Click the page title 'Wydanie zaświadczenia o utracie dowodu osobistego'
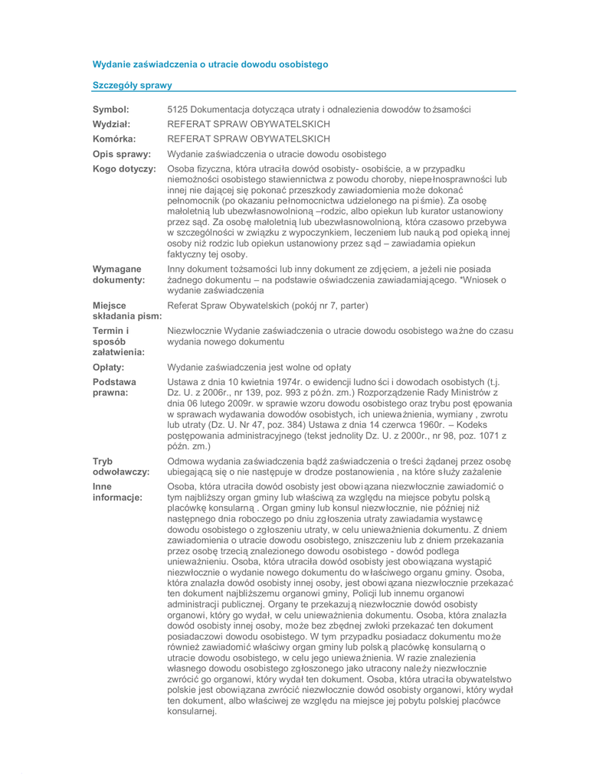(210, 64)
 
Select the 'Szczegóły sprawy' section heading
(132, 84)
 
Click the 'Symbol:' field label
(110, 109)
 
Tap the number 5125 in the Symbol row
(178, 109)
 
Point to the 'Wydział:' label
(112, 123)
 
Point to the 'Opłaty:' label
(108, 366)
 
